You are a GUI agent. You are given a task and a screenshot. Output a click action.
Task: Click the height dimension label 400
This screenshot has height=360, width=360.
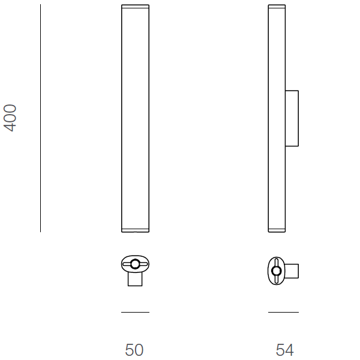pyautogui.click(x=11, y=118)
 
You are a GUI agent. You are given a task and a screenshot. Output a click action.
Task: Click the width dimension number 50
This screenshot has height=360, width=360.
pyautogui.click(x=134, y=349)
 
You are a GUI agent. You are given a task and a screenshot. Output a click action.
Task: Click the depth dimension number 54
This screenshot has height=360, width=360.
pyautogui.click(x=284, y=349)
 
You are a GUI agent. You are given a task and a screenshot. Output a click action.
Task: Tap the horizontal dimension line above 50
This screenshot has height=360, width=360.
pyautogui.click(x=135, y=312)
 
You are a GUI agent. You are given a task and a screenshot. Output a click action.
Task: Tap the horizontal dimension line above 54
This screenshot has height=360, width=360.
pyautogui.click(x=283, y=312)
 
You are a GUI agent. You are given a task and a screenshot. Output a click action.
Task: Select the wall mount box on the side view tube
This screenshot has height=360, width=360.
pyautogui.click(x=292, y=118)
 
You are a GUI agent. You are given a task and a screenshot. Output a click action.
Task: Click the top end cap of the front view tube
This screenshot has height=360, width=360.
pyautogui.click(x=135, y=7)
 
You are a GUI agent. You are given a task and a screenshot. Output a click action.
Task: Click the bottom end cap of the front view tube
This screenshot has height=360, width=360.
pyautogui.click(x=135, y=230)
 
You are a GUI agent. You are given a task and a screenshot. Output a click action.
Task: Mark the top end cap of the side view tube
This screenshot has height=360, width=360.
pyautogui.click(x=277, y=7)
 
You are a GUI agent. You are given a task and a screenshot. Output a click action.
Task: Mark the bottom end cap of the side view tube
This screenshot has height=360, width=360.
pyautogui.click(x=277, y=230)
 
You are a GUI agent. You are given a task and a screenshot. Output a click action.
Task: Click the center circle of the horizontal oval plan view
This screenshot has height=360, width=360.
pyautogui.click(x=136, y=264)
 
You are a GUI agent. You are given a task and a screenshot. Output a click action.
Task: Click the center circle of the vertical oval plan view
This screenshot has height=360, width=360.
pyautogui.click(x=277, y=271)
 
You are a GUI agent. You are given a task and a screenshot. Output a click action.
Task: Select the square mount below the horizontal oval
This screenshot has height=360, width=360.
pyautogui.click(x=136, y=279)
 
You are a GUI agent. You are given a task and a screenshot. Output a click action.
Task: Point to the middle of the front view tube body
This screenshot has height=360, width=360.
pyautogui.click(x=135, y=118)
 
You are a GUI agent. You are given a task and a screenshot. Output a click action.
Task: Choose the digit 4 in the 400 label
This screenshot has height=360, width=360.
pyautogui.click(x=11, y=127)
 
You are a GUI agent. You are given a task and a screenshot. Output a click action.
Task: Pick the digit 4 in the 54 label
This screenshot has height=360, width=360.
pyautogui.click(x=289, y=349)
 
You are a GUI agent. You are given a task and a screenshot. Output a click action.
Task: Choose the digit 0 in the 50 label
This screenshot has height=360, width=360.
pyautogui.click(x=139, y=349)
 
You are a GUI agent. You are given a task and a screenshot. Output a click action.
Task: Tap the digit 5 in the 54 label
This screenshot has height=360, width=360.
pyautogui.click(x=280, y=349)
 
